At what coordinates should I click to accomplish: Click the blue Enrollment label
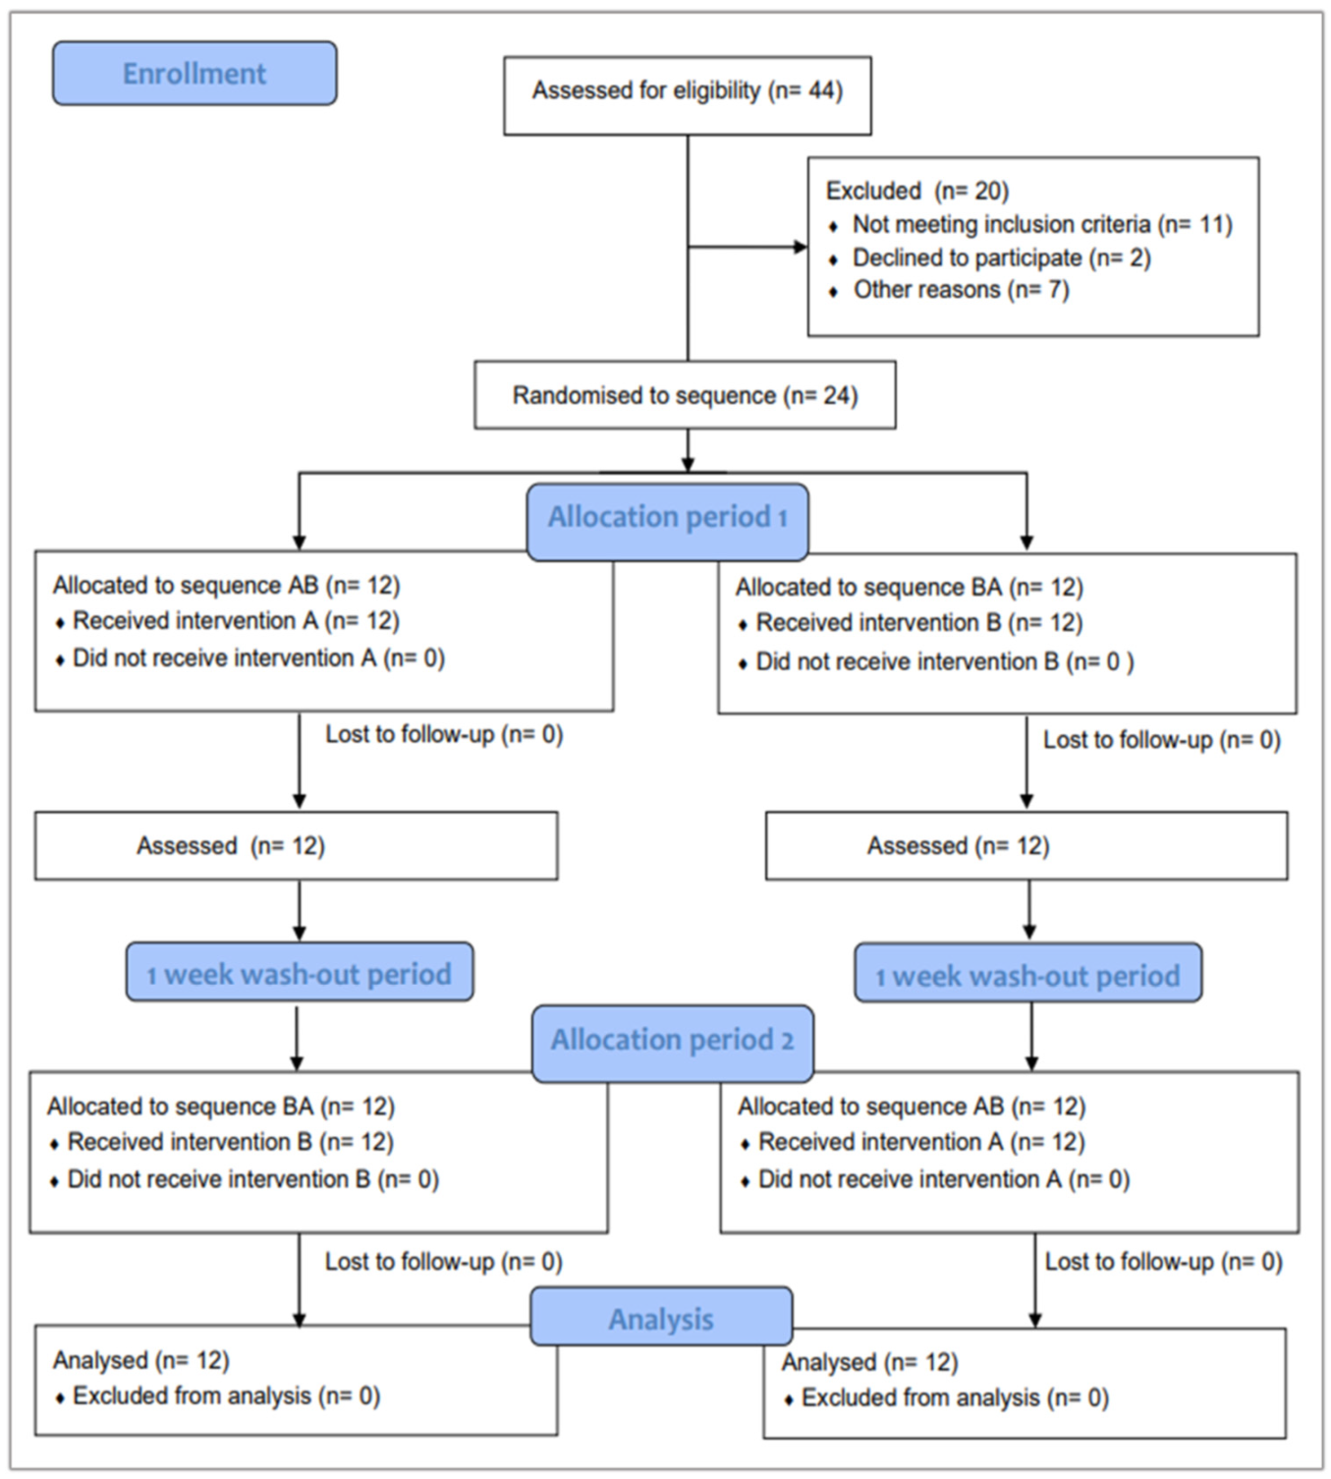pyautogui.click(x=194, y=74)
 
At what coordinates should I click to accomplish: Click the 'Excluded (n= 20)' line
pyautogui.click(x=916, y=191)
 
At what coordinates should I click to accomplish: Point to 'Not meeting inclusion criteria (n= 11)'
pyautogui.click(x=1041, y=225)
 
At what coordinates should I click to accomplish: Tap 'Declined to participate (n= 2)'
pyautogui.click(x=1000, y=258)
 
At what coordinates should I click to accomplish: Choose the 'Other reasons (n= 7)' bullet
pyautogui.click(x=960, y=291)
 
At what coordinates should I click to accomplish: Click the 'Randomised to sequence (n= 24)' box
pyautogui.click(x=685, y=396)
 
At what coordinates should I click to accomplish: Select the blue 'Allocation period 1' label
pyautogui.click(x=668, y=518)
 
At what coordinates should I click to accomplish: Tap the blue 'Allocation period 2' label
pyautogui.click(x=673, y=1041)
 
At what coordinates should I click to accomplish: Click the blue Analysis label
pyautogui.click(x=661, y=1319)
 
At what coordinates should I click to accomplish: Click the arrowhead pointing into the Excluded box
pyautogui.click(x=800, y=247)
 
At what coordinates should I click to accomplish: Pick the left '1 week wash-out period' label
pyautogui.click(x=300, y=974)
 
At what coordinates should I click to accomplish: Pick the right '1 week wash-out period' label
pyautogui.click(x=1027, y=976)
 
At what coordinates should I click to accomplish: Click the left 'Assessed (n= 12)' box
pyautogui.click(x=296, y=846)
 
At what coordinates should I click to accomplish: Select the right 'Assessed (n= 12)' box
pyautogui.click(x=1026, y=846)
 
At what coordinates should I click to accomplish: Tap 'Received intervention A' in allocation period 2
pyautogui.click(x=920, y=1143)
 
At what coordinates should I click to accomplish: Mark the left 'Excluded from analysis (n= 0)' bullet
pyautogui.click(x=225, y=1396)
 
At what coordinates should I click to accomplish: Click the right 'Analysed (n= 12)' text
pyautogui.click(x=869, y=1363)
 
